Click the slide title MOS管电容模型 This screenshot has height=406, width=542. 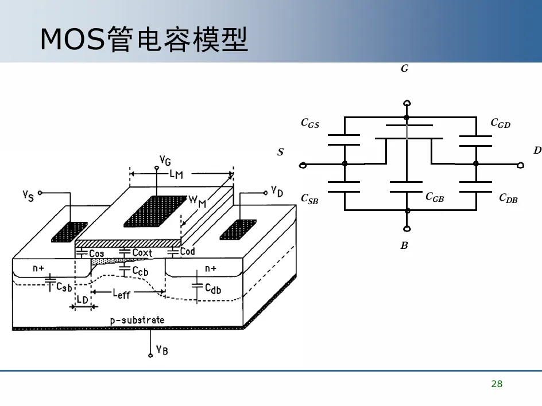(144, 39)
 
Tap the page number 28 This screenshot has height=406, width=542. (497, 384)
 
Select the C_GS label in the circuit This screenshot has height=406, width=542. (310, 123)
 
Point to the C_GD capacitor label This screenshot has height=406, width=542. (500, 123)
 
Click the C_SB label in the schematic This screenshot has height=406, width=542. (309, 199)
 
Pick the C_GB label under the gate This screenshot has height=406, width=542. (435, 197)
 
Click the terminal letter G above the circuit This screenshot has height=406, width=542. (404, 69)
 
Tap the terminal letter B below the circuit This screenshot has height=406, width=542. (404, 246)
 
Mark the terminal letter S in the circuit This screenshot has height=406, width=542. (280, 152)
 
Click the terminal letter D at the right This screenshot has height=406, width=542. (537, 150)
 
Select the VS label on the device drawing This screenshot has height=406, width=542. (29, 196)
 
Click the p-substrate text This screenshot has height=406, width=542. (137, 320)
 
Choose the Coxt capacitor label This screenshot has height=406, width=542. (142, 252)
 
